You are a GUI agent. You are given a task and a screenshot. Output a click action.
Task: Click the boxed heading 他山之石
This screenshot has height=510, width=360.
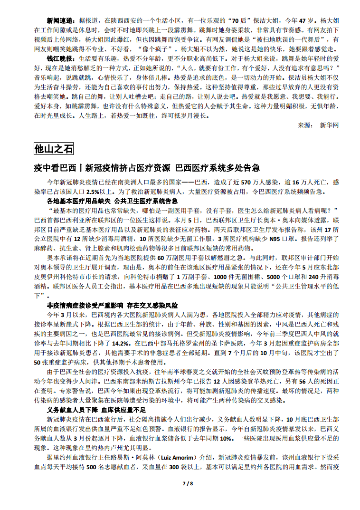[54, 149]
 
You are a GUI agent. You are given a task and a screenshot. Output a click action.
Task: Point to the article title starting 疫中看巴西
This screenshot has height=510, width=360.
[147, 168]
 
